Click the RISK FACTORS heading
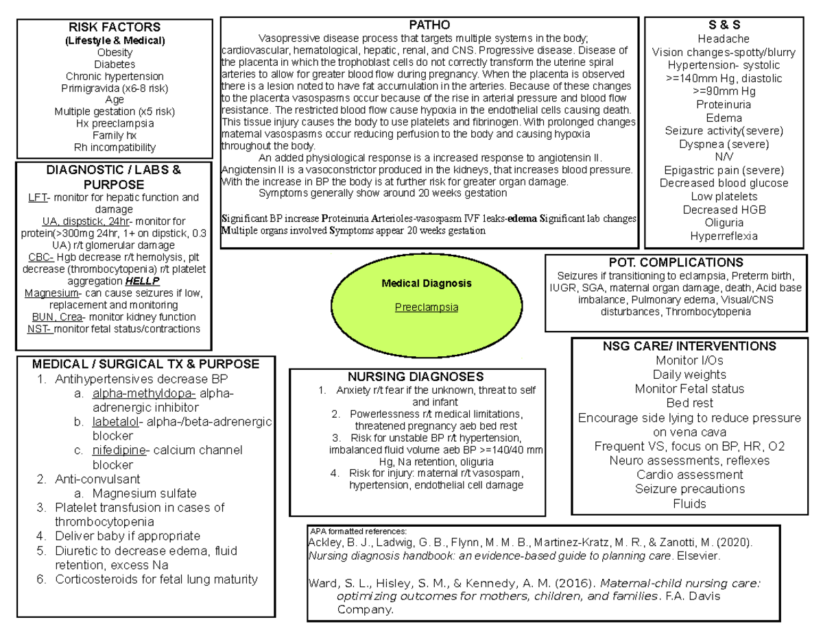(x=115, y=27)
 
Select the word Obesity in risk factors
(x=115, y=52)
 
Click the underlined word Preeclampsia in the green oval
(x=427, y=307)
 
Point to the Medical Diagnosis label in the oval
(x=427, y=283)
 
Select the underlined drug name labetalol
(x=113, y=422)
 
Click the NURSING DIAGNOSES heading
(x=416, y=377)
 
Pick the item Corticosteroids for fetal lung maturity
(x=156, y=580)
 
